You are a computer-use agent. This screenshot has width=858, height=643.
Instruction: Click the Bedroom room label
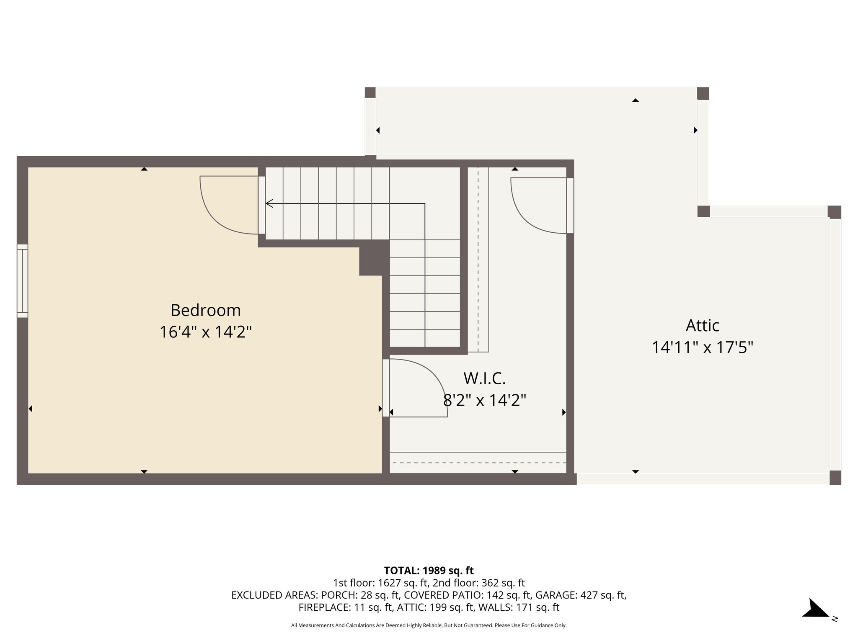pyautogui.click(x=205, y=310)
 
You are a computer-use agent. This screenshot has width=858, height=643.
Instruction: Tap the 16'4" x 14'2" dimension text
pyautogui.click(x=205, y=332)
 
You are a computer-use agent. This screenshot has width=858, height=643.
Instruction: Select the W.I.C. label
pyautogui.click(x=484, y=378)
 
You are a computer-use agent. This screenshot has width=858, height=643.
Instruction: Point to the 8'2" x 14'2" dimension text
pyautogui.click(x=484, y=401)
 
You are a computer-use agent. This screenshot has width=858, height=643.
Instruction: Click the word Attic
pyautogui.click(x=702, y=325)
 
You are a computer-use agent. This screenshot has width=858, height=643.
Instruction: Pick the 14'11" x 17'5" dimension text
pyautogui.click(x=702, y=347)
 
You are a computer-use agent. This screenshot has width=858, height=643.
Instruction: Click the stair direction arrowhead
pyautogui.click(x=270, y=203)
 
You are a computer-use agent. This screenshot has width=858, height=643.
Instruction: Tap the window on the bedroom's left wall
pyautogui.click(x=22, y=281)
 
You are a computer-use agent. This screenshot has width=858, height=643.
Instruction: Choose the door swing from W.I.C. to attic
pyautogui.click(x=536, y=205)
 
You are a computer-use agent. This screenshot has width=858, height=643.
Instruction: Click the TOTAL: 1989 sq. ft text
pyautogui.click(x=429, y=570)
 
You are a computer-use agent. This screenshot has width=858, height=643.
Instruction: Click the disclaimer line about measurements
pyautogui.click(x=429, y=625)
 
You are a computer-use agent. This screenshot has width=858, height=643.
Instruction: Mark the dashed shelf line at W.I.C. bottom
pyautogui.click(x=478, y=463)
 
